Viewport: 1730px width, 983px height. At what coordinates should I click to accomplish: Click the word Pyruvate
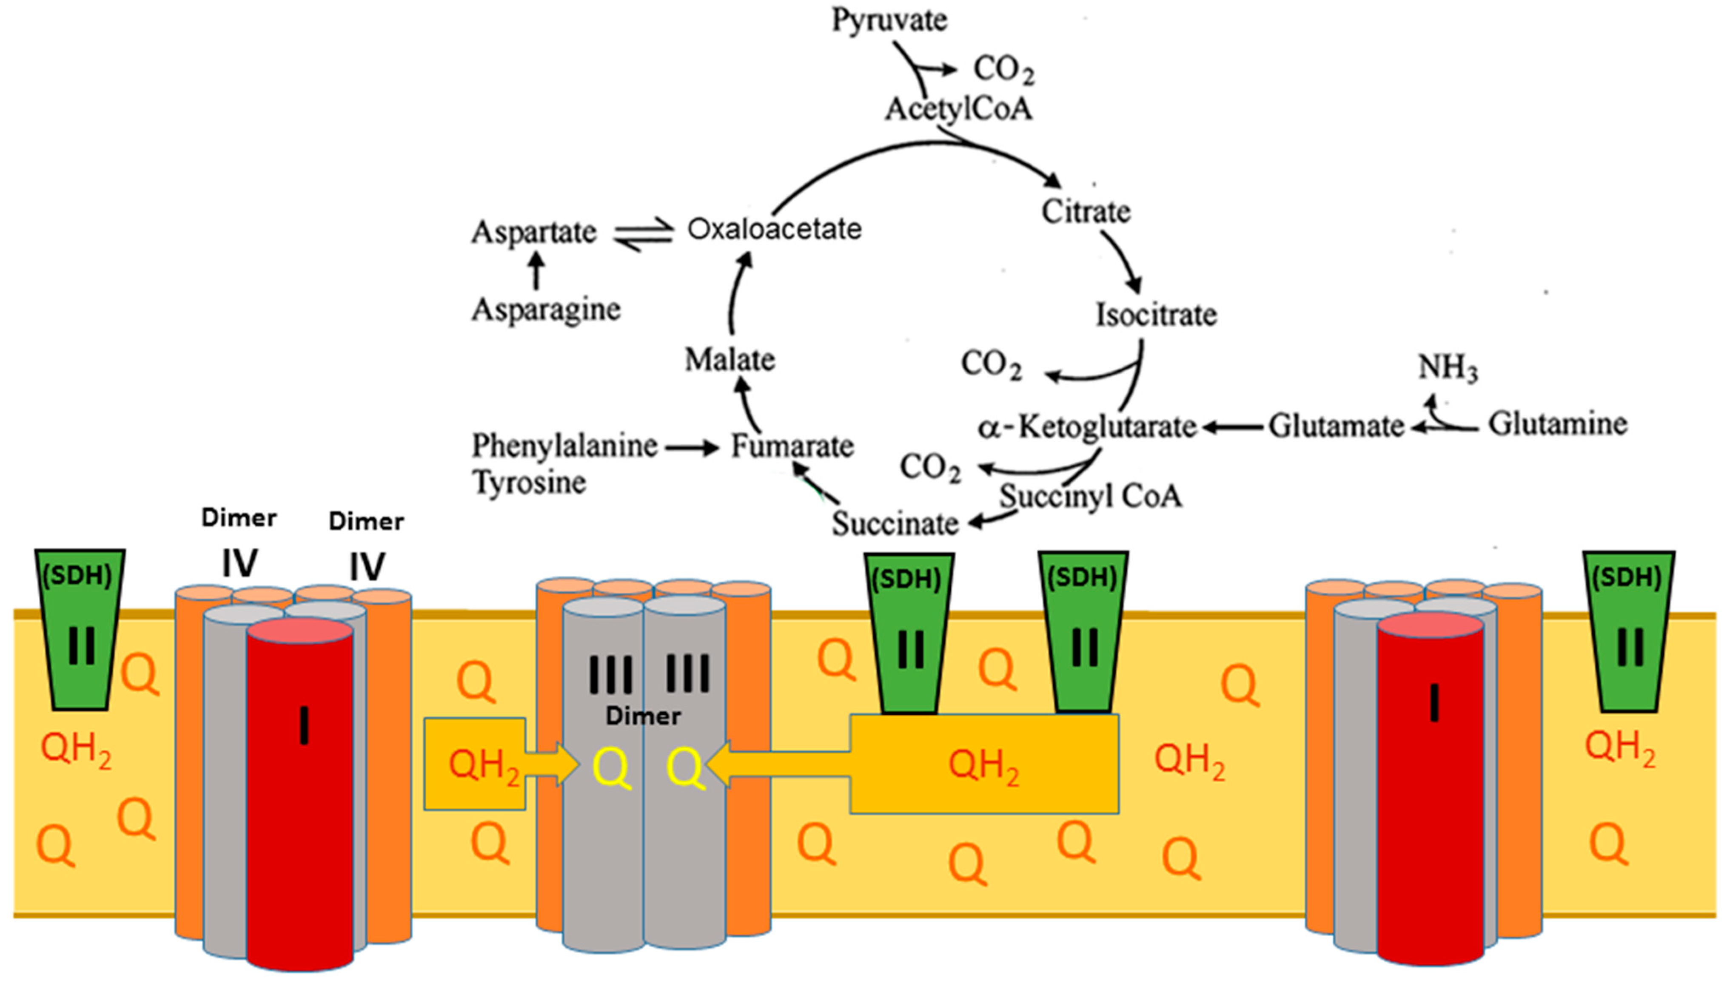[889, 20]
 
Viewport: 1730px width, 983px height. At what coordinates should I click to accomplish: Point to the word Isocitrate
[1155, 315]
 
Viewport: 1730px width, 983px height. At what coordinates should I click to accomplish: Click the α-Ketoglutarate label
[1087, 427]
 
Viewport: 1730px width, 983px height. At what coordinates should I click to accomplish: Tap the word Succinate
[895, 523]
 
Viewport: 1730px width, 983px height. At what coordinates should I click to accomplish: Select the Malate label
[729, 359]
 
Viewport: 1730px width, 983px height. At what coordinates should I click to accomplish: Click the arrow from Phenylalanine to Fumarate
[692, 447]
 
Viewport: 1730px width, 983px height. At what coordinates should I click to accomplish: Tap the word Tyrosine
[529, 482]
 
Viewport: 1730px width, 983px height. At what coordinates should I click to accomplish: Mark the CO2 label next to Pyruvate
[1003, 70]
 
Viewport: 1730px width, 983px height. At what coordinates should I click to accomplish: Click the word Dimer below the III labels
[643, 716]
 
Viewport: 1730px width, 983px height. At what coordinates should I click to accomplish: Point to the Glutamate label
[1336, 426]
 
